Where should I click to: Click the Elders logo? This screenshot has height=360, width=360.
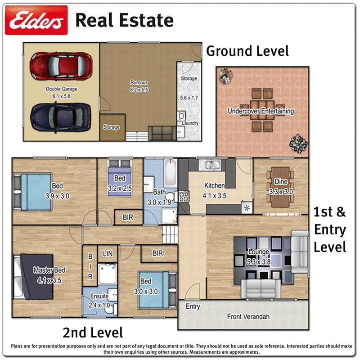(x=36, y=20)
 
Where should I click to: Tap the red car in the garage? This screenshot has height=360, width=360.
(x=61, y=66)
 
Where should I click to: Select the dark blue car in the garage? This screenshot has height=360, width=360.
(x=60, y=117)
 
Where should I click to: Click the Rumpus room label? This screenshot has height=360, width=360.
(x=139, y=82)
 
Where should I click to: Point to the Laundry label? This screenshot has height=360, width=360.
(x=190, y=123)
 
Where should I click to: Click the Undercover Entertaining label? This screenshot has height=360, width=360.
(x=261, y=111)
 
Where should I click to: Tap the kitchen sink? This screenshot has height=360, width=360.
(x=210, y=165)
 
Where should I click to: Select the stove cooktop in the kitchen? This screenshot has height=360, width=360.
(x=184, y=196)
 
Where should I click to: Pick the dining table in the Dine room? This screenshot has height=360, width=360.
(x=280, y=187)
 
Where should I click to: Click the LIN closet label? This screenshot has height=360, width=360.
(x=108, y=253)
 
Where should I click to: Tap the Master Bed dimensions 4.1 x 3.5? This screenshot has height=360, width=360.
(x=49, y=280)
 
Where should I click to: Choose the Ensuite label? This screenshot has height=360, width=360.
(x=99, y=296)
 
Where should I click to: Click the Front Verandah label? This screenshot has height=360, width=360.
(x=248, y=317)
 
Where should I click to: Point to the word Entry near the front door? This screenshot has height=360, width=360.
(x=193, y=306)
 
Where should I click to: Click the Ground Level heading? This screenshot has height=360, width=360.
(x=247, y=51)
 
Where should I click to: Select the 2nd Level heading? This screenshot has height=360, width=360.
(x=93, y=333)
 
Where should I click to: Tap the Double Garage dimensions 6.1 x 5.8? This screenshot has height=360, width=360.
(x=62, y=96)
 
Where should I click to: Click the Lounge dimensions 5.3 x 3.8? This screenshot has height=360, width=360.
(x=258, y=262)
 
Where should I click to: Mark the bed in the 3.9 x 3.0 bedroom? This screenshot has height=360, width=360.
(x=32, y=192)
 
